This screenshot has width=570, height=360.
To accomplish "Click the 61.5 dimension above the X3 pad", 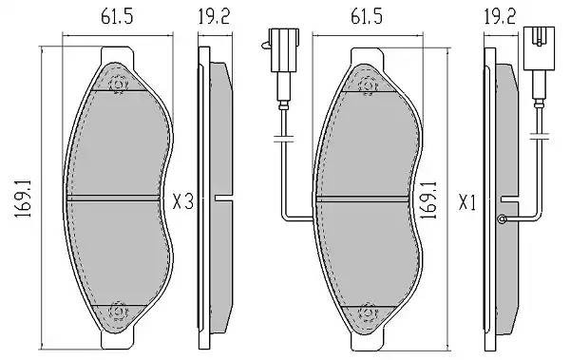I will tap(117, 16).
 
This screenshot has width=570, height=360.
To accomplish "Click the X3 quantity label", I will tap(183, 200).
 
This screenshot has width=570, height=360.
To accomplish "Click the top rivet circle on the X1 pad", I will tap(367, 85).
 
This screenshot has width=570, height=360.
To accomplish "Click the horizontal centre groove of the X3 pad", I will tap(117, 198).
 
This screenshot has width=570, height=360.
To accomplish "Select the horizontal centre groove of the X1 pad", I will tap(366, 198).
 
